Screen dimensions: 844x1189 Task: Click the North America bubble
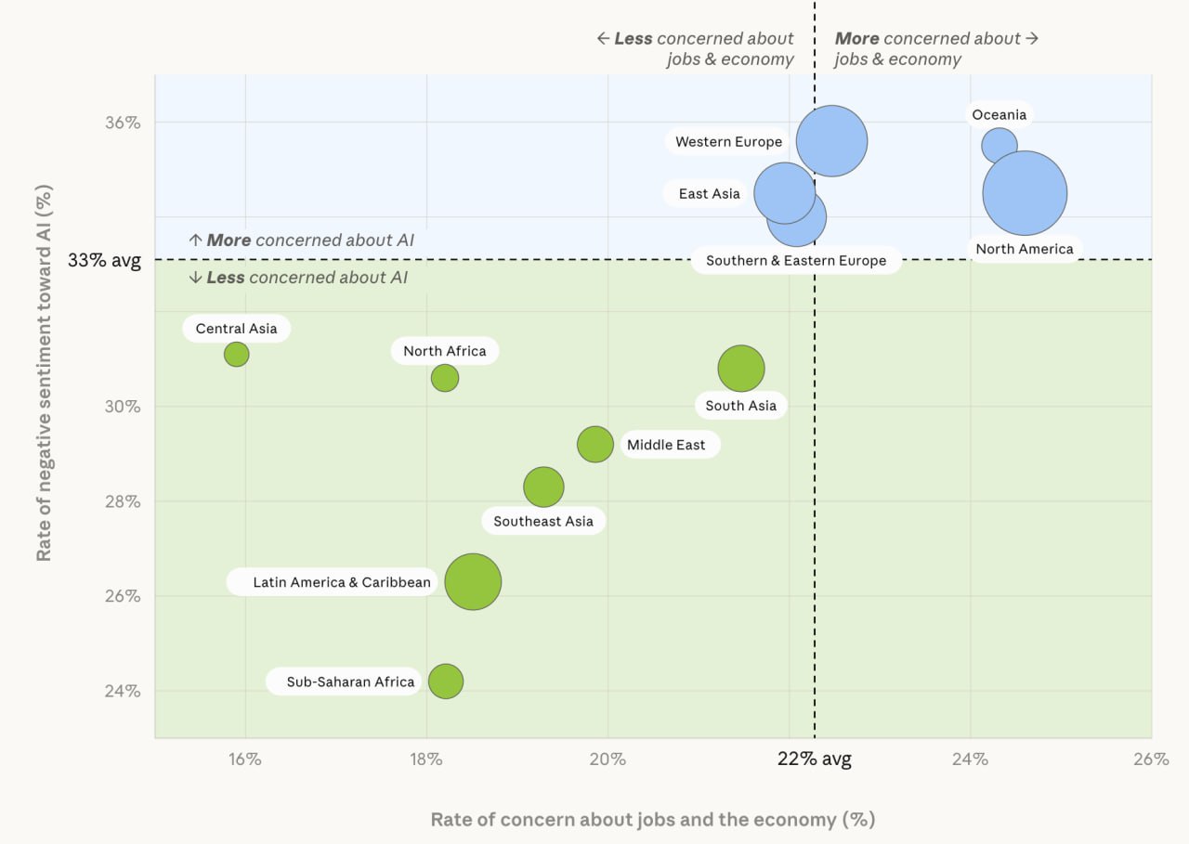click(x=1025, y=193)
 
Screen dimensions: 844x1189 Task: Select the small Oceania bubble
click(x=1000, y=145)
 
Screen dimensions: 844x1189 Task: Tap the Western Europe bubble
click(x=831, y=141)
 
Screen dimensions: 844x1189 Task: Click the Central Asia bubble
click(x=237, y=354)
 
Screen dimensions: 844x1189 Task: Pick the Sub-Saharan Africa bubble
click(x=446, y=682)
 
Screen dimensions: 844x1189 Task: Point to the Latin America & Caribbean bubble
click(x=473, y=582)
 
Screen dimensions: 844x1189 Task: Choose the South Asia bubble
click(x=741, y=369)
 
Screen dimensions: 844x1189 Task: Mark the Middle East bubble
click(x=595, y=444)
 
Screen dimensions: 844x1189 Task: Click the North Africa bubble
click(x=445, y=378)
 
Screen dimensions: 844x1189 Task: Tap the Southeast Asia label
click(x=543, y=521)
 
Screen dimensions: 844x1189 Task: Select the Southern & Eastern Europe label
click(x=796, y=261)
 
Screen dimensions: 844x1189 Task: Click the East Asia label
click(x=709, y=194)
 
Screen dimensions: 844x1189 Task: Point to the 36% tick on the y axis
click(x=121, y=123)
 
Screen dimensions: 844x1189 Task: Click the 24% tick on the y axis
click(x=121, y=691)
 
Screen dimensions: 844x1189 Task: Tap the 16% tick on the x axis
click(x=245, y=759)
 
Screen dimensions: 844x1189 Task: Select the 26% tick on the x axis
click(x=1150, y=759)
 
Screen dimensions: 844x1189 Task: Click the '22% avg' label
click(x=815, y=759)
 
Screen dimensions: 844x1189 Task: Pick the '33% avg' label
click(x=104, y=260)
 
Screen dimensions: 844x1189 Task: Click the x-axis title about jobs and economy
click(x=652, y=819)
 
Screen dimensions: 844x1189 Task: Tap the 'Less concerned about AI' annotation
click(x=298, y=278)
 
